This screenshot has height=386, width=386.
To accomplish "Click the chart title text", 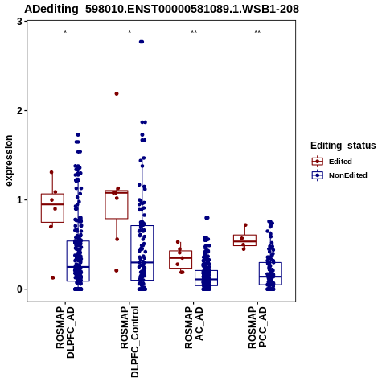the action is [x=162, y=9].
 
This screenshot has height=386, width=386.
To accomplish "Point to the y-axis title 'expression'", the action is [x=9, y=161].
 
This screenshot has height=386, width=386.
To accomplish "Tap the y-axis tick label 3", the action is [x=19, y=22].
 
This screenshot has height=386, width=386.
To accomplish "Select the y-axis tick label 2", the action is [x=19, y=111].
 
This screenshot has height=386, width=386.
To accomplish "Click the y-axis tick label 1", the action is [x=19, y=200].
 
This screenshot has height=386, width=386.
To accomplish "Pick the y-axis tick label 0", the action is [x=19, y=289].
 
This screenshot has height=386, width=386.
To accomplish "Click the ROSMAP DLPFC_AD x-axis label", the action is [x=65, y=332].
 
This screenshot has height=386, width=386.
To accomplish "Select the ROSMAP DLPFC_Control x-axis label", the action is [x=129, y=342].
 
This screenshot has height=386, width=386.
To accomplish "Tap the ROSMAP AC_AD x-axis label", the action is [x=194, y=327].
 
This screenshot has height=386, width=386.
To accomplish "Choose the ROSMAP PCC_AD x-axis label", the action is [x=257, y=327].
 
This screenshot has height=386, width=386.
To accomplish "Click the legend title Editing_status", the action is [x=343, y=146].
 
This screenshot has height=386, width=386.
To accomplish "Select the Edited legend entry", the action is [x=332, y=162].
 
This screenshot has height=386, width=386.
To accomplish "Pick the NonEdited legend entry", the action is [x=339, y=175].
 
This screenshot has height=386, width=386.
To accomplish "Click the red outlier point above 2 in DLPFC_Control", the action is [x=117, y=93].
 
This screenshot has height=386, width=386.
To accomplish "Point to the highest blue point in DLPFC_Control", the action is [x=142, y=42].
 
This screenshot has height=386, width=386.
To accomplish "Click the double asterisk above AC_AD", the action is [x=194, y=32].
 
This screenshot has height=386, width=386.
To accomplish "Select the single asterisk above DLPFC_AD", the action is [x=65, y=32].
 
